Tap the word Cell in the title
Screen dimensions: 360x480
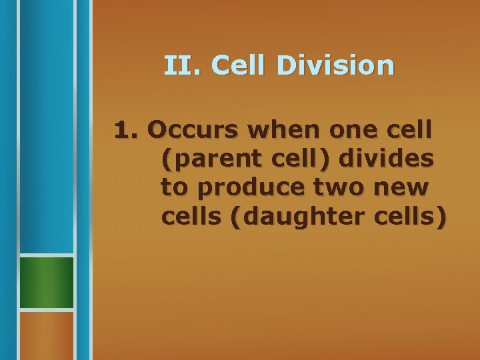tap(234, 65)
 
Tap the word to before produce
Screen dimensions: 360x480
tap(175, 187)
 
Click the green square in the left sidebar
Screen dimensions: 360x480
tap(45, 282)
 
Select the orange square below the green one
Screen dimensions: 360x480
tap(45, 335)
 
